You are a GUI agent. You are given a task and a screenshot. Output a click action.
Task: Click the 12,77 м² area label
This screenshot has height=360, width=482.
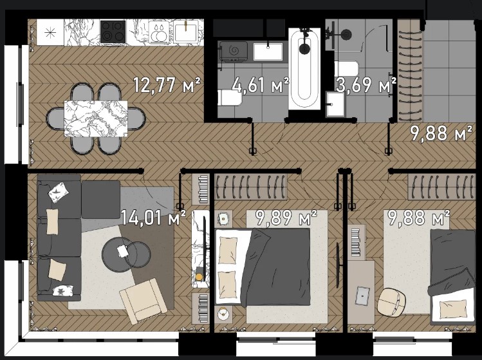167,85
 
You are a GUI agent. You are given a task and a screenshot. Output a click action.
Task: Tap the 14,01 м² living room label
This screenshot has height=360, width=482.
153,218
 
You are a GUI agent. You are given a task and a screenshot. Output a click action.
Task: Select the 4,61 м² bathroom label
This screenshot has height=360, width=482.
261,85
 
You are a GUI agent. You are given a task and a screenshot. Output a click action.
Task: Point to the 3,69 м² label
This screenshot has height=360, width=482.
366,85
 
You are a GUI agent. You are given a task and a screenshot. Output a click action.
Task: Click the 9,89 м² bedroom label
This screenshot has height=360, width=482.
286,218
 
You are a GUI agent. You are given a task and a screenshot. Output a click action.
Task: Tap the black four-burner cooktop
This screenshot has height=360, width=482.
113,32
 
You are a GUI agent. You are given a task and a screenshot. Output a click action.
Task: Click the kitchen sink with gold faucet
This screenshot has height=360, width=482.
185,32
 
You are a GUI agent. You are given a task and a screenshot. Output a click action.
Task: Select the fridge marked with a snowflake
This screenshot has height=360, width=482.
50,32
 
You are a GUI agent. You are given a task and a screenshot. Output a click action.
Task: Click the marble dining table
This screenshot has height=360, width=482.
96,118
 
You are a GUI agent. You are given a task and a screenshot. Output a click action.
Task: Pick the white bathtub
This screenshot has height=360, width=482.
304,69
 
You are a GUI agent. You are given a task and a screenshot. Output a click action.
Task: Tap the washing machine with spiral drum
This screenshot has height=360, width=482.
233,52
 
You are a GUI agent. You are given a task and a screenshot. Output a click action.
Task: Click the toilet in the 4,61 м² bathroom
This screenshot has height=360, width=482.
230,97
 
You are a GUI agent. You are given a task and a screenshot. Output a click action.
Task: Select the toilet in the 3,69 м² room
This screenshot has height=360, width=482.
346,69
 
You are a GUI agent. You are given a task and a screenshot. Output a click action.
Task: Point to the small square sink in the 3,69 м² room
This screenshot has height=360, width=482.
335,104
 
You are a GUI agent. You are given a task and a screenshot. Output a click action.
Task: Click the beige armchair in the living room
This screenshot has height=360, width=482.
144,301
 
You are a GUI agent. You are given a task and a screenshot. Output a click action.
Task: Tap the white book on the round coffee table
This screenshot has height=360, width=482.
123,251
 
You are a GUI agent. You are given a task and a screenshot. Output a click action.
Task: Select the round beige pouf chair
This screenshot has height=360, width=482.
391,302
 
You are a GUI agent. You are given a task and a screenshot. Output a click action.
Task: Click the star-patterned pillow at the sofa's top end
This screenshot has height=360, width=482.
59,193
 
